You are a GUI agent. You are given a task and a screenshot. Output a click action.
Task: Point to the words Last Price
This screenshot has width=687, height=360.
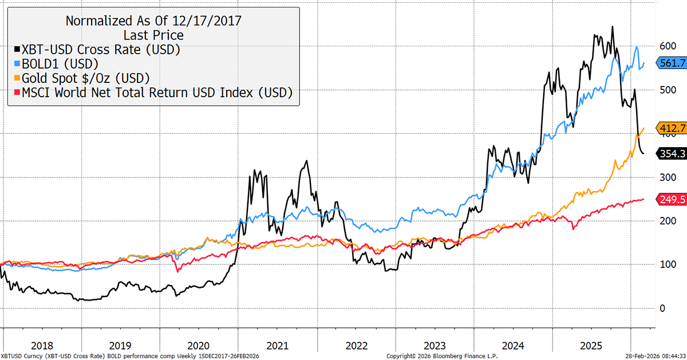tap(153, 35)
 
